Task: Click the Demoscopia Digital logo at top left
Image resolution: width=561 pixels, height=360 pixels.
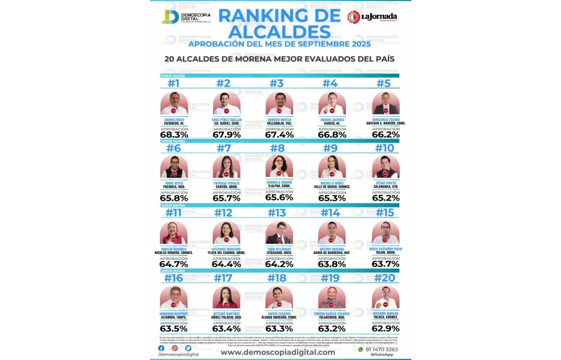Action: (x=186, y=17)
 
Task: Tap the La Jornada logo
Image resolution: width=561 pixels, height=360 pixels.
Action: (x=372, y=17)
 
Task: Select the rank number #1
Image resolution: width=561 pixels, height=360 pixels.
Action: (x=173, y=83)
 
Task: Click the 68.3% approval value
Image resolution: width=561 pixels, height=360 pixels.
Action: (x=174, y=135)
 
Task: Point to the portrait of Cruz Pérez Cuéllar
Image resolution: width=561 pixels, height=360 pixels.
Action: (x=227, y=103)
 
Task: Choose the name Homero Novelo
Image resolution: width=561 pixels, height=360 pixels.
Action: (x=280, y=120)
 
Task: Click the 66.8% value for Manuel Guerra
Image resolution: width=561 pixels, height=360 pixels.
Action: (x=332, y=135)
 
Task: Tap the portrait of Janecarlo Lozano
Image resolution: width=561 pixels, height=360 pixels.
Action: (x=386, y=103)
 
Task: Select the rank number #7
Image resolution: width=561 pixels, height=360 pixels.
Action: (x=224, y=148)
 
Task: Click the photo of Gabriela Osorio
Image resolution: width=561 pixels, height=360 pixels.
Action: (x=280, y=166)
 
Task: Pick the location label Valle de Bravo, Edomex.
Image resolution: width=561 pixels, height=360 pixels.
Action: (x=332, y=187)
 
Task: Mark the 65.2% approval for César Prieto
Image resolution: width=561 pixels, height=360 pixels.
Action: (x=386, y=198)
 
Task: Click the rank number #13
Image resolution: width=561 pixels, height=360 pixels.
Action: (x=277, y=213)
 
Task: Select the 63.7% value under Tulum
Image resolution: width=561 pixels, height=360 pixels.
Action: (x=386, y=264)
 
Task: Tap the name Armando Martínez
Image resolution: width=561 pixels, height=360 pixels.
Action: (x=173, y=313)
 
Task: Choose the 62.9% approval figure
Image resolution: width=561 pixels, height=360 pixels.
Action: (x=386, y=328)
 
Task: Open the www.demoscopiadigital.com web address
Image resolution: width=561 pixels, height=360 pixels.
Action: (x=278, y=352)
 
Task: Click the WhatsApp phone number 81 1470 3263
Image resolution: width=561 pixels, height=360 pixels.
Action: (x=382, y=349)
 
